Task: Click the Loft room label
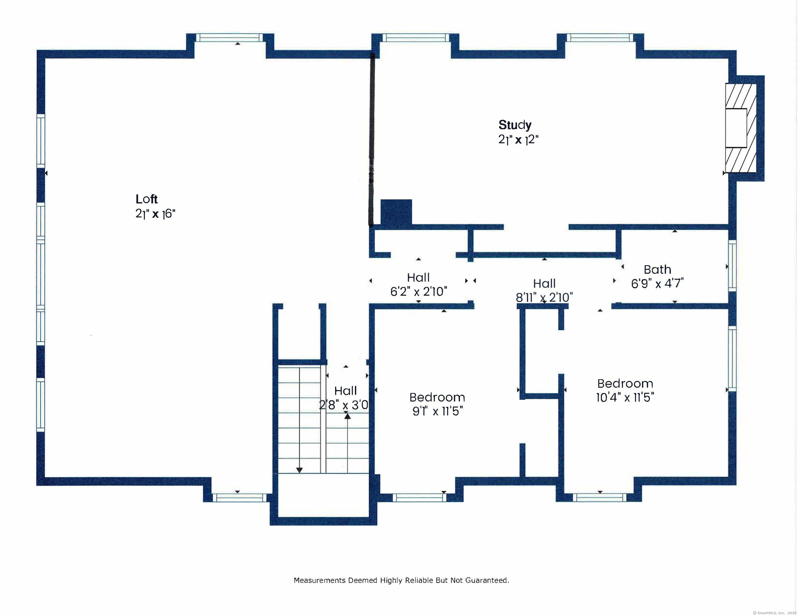click(147, 199)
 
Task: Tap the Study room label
click(515, 125)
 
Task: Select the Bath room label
click(657, 269)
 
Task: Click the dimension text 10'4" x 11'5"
click(625, 397)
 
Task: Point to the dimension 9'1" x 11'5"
click(437, 411)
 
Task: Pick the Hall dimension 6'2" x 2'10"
click(419, 291)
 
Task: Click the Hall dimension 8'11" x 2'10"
click(544, 297)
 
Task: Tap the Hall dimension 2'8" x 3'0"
click(344, 405)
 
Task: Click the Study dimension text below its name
click(518, 140)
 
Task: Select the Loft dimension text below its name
click(155, 214)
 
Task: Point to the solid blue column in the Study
click(396, 212)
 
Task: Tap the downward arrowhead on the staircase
click(299, 470)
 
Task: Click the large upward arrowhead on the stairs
click(347, 415)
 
